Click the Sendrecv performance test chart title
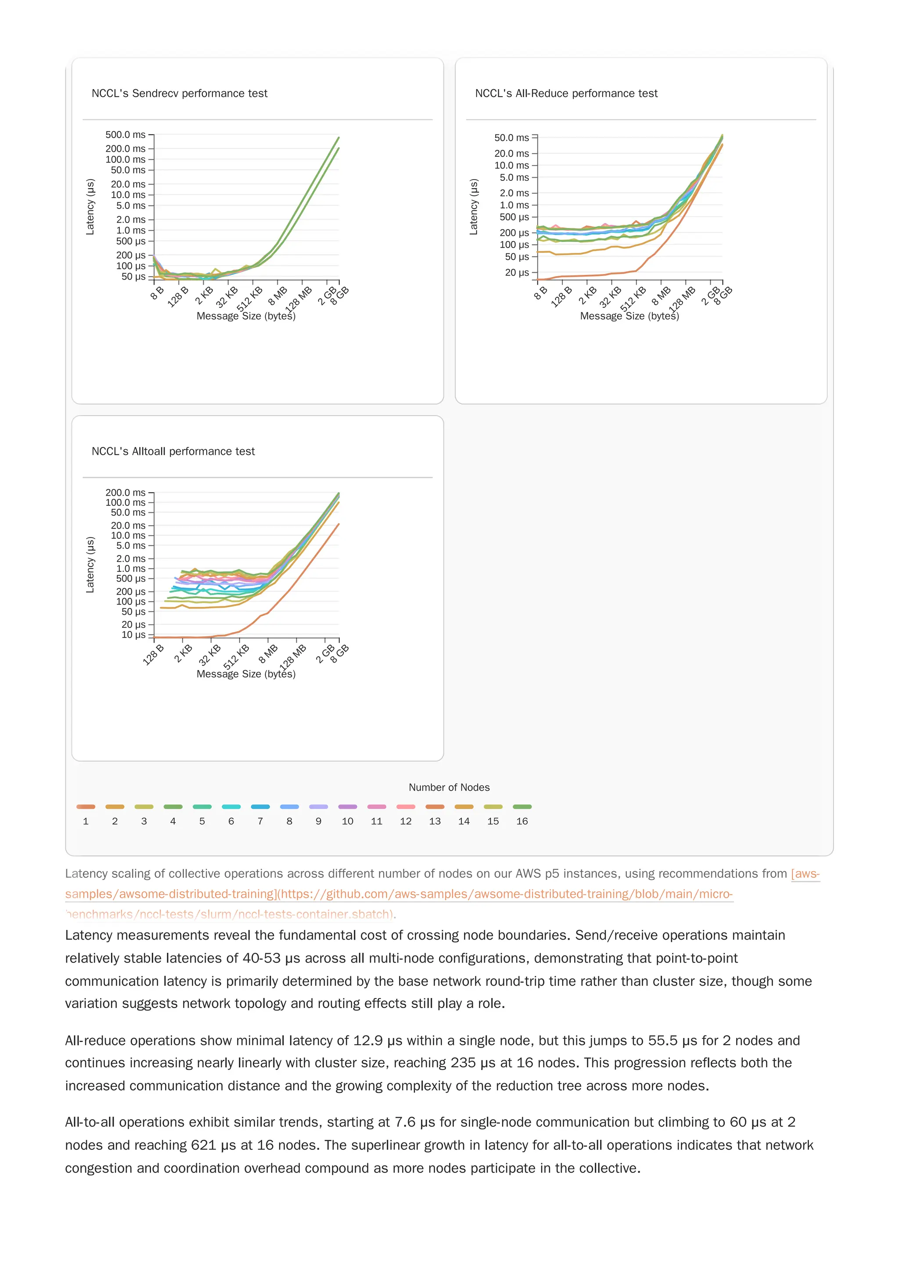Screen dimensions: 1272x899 tap(179, 94)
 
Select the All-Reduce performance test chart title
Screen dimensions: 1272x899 tap(566, 94)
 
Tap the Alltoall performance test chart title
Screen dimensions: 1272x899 tap(173, 451)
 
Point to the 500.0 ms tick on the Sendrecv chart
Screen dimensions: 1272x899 tap(125, 135)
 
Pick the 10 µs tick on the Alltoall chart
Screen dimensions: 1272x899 tap(133, 635)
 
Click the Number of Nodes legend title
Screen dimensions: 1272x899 tap(449, 787)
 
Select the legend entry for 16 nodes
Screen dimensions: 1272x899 tap(522, 814)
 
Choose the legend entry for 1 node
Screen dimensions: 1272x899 tap(86, 814)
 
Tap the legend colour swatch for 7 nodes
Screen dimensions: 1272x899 tap(260, 807)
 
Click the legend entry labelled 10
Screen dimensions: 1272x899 tap(347, 814)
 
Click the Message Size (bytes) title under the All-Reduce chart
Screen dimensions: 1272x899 tap(629, 316)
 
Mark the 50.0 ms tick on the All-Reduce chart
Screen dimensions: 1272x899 tap(511, 137)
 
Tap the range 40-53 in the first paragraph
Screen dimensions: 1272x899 tap(262, 959)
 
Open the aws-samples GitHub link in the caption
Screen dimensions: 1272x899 tap(399, 894)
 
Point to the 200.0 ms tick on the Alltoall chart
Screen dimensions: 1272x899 tap(125, 493)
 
